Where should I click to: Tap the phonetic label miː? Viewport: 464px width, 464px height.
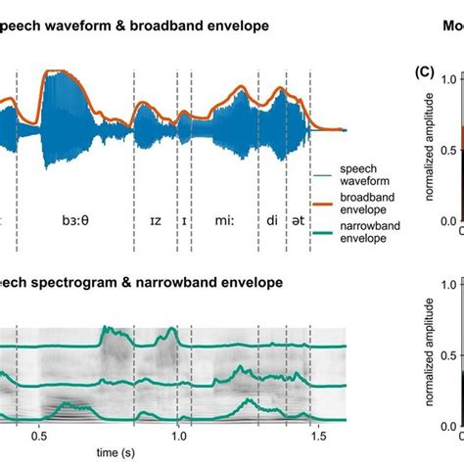point(224,222)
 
